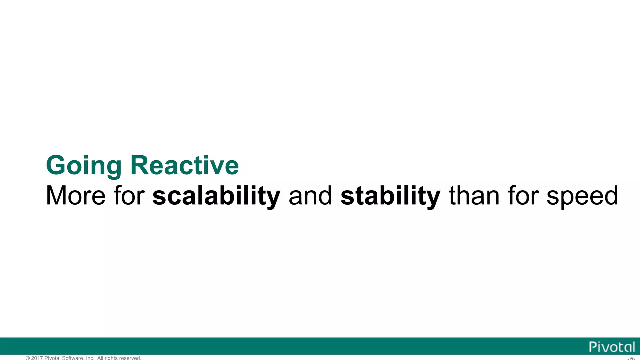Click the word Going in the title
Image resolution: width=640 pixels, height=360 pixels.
[x=83, y=166]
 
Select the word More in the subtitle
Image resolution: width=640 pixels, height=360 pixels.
[x=76, y=196]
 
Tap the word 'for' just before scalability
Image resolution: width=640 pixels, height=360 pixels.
[x=129, y=196]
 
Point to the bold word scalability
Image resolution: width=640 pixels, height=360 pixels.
[x=216, y=196]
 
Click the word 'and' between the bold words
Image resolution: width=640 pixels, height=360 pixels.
[x=310, y=196]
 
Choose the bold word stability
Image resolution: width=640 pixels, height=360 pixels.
[x=390, y=196]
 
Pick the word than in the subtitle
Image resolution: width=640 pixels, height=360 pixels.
[x=474, y=196]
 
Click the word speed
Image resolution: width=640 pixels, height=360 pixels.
[x=582, y=196]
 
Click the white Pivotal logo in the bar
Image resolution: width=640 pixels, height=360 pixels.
[x=612, y=347]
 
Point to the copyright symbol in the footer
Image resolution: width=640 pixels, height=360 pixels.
[x=28, y=358]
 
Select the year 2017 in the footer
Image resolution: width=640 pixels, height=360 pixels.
[x=37, y=358]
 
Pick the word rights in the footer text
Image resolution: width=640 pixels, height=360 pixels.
[x=111, y=358]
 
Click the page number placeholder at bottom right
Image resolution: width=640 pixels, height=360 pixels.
[x=631, y=358]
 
